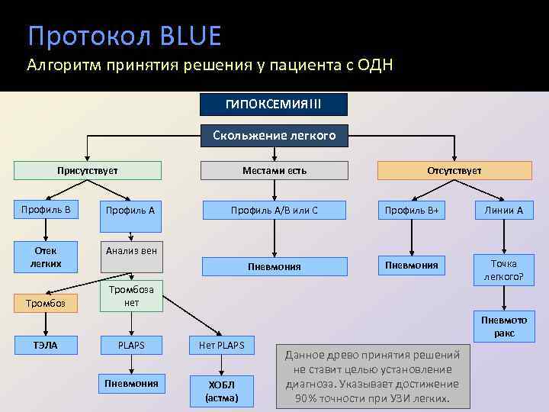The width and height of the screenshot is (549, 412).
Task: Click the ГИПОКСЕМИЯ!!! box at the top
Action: coord(274,104)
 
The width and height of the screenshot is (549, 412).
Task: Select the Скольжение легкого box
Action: coord(274,136)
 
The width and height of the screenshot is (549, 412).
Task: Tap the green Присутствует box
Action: coord(87,171)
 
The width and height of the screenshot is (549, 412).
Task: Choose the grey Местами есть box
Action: coord(274,171)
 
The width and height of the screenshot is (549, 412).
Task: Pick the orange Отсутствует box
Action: coord(454,171)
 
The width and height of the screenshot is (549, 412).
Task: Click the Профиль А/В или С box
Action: coord(274,210)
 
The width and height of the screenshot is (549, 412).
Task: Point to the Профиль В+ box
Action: coord(412,210)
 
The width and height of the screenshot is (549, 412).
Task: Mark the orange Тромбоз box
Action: coord(45,304)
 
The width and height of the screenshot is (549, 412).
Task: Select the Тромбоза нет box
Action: coord(132,295)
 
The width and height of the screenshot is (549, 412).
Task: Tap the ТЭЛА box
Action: coord(45,346)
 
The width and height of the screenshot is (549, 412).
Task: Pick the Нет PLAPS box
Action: coord(221,346)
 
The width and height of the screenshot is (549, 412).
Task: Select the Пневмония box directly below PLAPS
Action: coord(132,383)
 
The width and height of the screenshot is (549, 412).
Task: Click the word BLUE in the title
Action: coord(191,36)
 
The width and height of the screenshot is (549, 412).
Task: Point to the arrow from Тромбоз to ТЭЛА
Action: coord(45,323)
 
